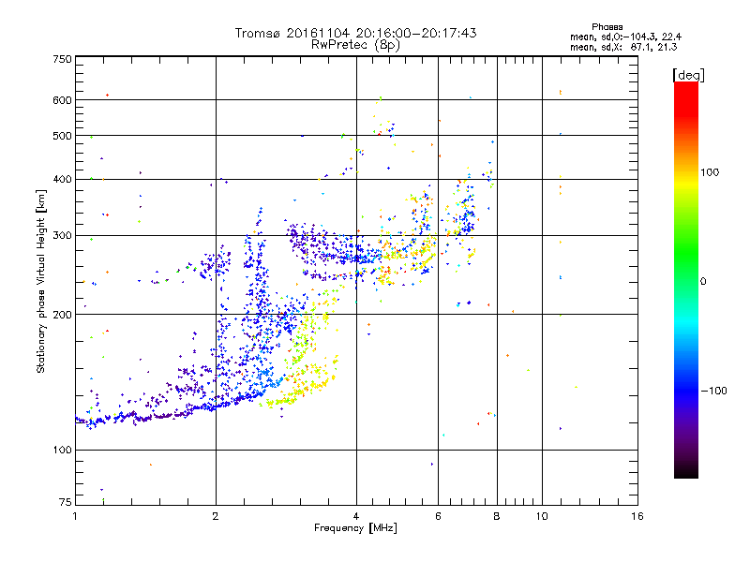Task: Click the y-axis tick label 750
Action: coord(62,59)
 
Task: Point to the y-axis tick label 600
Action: coord(62,100)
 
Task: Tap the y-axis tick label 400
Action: coord(62,179)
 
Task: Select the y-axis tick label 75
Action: coord(65,503)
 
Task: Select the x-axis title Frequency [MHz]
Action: coord(355,528)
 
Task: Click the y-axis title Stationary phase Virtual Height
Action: coord(40,281)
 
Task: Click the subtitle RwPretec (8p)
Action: coord(355,44)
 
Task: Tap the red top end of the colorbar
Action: coord(686,87)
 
